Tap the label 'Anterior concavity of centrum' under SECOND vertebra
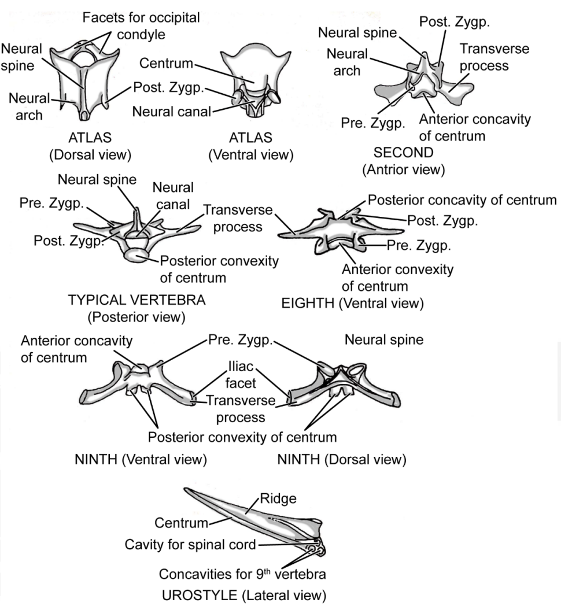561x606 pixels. pyautogui.click(x=474, y=128)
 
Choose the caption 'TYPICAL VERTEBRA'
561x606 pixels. pyautogui.click(x=136, y=301)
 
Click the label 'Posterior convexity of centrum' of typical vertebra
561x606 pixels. pyautogui.click(x=219, y=269)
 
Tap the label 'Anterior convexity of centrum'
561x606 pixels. pyautogui.click(x=397, y=278)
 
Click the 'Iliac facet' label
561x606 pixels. pyautogui.click(x=239, y=374)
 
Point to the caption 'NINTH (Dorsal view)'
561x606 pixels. pyautogui.click(x=342, y=460)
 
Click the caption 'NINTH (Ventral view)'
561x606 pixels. pyautogui.click(x=141, y=460)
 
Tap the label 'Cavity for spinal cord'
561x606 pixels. pyautogui.click(x=191, y=544)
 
